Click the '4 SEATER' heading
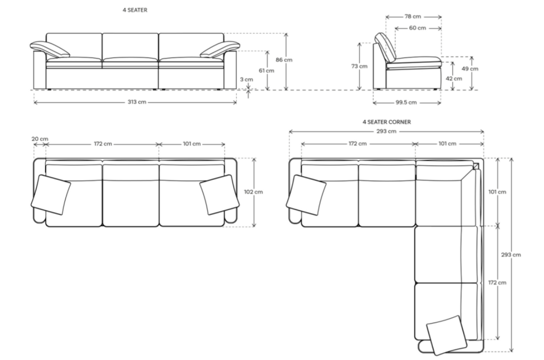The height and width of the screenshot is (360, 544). pos(135,10)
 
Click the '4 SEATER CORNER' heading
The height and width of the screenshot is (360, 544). pos(387,122)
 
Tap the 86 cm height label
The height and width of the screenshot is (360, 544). pos(284,60)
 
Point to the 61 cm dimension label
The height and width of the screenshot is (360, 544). pos(267,70)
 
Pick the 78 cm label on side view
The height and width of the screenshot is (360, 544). pos(413,16)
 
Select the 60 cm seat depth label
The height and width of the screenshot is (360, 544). pos(417,28)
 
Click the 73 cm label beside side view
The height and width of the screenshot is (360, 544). pos(359,66)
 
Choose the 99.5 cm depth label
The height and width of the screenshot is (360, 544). pos(406,102)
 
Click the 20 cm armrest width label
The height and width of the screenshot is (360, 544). pos(40,139)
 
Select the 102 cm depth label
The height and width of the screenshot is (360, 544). pos(253,192)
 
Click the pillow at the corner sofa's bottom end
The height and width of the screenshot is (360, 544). pos(447,335)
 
